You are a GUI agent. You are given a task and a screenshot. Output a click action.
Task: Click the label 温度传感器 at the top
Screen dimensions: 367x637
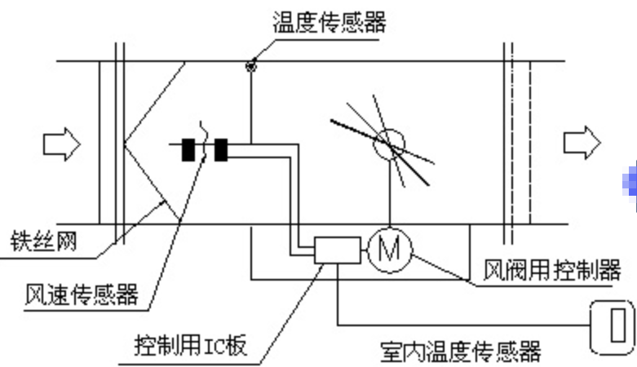pos(329,22)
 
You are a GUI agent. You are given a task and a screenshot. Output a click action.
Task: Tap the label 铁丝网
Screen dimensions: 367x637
pos(42,243)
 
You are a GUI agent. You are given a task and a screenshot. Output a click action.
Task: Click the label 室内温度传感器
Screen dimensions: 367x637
pos(460,352)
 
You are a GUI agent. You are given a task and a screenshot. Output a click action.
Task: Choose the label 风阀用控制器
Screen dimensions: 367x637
pos(552,269)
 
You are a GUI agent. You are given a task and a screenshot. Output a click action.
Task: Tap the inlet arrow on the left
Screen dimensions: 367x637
pos(62,145)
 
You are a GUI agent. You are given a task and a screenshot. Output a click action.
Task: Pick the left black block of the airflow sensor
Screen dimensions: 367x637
pos(189,150)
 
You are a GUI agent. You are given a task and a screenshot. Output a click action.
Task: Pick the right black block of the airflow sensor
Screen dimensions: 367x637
pos(219,150)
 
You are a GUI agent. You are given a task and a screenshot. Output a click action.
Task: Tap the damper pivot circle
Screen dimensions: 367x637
pos(389,145)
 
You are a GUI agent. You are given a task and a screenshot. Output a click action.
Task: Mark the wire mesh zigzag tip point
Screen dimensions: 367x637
pos(123,144)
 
